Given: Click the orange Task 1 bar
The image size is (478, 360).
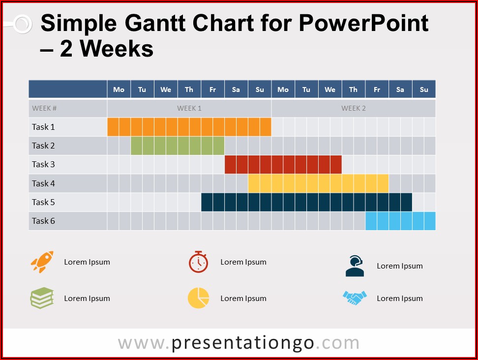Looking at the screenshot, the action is click(189, 127).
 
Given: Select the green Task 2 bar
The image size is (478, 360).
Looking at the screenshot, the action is click(178, 146).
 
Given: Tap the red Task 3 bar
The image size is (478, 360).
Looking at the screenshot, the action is click(283, 165).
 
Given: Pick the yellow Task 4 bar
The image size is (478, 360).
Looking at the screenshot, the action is click(318, 183).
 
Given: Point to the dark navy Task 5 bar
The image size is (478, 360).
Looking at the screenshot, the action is click(307, 202).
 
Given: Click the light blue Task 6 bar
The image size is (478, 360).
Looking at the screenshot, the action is click(401, 221).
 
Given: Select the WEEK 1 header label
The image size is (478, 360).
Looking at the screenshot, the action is click(189, 108).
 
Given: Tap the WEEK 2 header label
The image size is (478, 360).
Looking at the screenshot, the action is click(353, 108).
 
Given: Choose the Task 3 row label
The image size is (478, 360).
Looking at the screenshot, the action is click(43, 164).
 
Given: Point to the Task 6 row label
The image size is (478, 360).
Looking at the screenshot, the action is click(43, 221).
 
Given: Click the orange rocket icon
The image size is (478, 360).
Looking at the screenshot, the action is click(42, 262).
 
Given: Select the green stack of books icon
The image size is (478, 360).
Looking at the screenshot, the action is click(42, 298).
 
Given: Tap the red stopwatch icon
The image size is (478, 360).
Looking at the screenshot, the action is click(199, 262).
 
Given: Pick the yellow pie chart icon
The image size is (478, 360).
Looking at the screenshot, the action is click(199, 298).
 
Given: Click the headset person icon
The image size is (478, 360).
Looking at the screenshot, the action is click(355, 266).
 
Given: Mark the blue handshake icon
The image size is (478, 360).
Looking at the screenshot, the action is click(355, 298).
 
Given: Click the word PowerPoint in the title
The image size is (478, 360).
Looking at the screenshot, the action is click(364, 23).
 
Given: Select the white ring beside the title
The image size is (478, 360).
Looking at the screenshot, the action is click(23, 24).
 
